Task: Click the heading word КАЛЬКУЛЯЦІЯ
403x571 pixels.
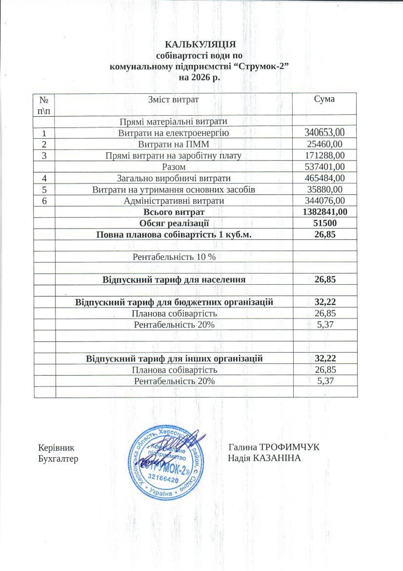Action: (x=200, y=44)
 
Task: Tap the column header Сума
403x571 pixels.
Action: (x=324, y=99)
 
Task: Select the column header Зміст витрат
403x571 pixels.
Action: (x=173, y=99)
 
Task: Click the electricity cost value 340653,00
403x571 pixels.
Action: (x=325, y=132)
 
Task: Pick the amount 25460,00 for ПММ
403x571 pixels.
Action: (x=325, y=144)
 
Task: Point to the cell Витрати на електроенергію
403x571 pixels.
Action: (x=173, y=133)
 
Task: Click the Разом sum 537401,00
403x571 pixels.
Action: (x=325, y=167)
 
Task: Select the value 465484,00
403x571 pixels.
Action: (x=325, y=178)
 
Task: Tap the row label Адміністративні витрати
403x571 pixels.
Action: (x=174, y=201)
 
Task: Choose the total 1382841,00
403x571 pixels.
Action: (x=325, y=212)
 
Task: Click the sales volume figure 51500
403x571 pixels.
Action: (x=325, y=223)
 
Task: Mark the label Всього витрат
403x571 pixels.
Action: (x=174, y=212)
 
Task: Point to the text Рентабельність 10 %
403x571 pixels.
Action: (x=174, y=257)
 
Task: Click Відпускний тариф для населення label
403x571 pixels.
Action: (x=174, y=280)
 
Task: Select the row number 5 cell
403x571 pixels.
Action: (x=44, y=189)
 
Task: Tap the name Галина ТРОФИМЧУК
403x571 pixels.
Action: (x=274, y=447)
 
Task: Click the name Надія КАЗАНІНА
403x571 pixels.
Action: (x=264, y=458)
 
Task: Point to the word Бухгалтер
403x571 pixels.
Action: (x=58, y=459)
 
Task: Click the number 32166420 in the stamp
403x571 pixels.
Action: (x=164, y=480)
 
